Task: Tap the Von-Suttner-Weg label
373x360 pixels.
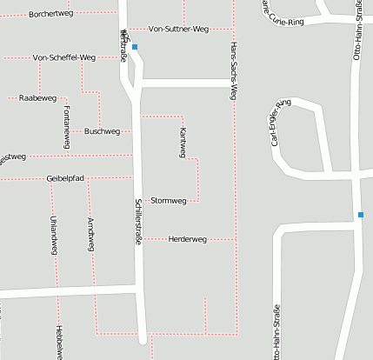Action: point(179,29)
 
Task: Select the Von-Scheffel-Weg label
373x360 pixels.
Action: point(63,57)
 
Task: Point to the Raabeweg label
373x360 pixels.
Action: point(37,98)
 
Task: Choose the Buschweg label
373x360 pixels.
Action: point(103,131)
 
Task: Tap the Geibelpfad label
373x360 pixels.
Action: point(65,178)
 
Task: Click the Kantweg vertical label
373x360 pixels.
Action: point(183,142)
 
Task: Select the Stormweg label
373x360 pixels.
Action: point(169,201)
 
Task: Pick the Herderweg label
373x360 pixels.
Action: point(187,238)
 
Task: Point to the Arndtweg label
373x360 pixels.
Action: point(90,235)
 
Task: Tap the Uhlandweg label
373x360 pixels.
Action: point(53,234)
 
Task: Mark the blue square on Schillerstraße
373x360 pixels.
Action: point(135,47)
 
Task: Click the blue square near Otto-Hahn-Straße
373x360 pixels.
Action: point(360,215)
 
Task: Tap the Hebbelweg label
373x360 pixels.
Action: point(58,342)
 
